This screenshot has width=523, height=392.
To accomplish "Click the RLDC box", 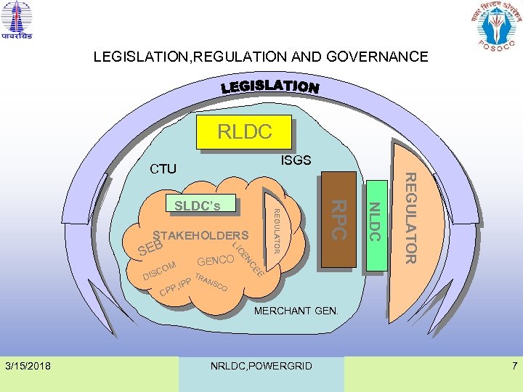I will (246, 131).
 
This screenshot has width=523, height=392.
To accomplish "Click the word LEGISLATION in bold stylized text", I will (269, 86).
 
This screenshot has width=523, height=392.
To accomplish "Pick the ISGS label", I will (296, 160).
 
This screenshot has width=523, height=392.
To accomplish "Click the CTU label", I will (163, 169).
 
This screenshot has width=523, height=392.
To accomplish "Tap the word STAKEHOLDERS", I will (200, 236).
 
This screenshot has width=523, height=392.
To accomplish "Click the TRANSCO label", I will (211, 284).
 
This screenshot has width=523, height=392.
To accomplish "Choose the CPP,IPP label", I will (175, 289).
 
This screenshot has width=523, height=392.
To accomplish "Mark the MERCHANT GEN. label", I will (296, 311).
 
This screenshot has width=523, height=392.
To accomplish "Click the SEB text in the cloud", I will (150, 249).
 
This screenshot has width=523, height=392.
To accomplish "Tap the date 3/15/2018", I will (28, 365).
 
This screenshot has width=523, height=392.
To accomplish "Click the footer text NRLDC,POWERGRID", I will (261, 366).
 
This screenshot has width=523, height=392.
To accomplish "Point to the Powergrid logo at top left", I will (17, 21).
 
